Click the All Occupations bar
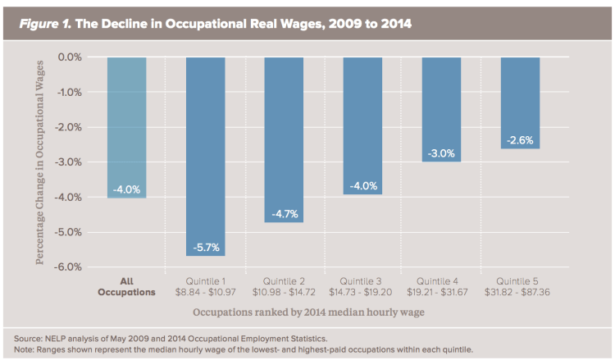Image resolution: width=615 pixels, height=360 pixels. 126,127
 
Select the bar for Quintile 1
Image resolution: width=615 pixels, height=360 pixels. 205,156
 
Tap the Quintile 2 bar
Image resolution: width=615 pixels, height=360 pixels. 284,139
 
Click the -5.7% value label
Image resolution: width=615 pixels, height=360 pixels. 205,247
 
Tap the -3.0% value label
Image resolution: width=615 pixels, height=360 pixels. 441,153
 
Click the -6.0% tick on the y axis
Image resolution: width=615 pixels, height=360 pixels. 71,267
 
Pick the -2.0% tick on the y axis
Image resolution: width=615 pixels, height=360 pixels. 71,127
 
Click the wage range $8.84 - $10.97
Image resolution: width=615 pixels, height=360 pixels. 205,292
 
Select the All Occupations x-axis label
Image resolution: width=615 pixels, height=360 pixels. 126,286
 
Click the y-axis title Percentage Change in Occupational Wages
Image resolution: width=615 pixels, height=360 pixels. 40,162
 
